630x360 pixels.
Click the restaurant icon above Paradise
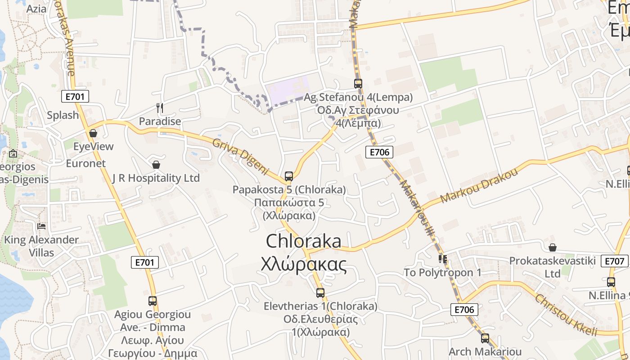159,108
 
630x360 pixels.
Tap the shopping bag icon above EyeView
93,133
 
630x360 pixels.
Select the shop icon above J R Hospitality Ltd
156,165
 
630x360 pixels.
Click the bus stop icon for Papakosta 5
289,176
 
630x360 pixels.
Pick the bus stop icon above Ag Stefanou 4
358,83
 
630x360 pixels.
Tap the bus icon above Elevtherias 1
320,293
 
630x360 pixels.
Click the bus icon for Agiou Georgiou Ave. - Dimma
153,301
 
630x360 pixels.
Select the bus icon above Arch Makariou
485,338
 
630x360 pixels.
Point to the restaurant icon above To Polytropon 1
443,259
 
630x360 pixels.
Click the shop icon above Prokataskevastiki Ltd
553,247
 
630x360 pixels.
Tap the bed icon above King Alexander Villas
42,226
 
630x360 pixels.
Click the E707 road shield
615,261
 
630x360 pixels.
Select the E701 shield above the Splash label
75,96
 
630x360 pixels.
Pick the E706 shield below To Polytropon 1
464,310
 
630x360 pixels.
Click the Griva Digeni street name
240,157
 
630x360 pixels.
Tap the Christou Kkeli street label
566,315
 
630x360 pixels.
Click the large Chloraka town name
304,242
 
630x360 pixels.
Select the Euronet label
85,163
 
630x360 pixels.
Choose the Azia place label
36,9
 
